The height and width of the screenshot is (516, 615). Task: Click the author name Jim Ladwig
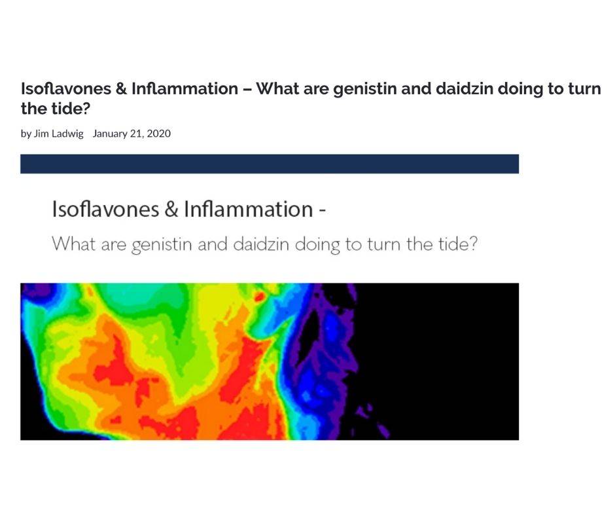click(x=58, y=134)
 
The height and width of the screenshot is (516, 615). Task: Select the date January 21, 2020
click(x=132, y=134)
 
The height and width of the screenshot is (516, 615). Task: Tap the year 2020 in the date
click(x=159, y=134)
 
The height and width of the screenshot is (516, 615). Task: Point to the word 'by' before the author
click(x=26, y=134)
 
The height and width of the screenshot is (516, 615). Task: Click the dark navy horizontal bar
click(x=270, y=164)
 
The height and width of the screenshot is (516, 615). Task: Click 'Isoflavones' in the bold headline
click(x=66, y=88)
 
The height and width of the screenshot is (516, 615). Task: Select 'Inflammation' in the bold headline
click(x=184, y=88)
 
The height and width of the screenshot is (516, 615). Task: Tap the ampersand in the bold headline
click(x=121, y=89)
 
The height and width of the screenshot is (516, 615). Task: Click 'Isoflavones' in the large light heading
click(x=105, y=209)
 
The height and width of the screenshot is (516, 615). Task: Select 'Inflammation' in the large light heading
click(x=248, y=209)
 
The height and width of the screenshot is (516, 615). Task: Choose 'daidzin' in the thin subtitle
click(x=261, y=244)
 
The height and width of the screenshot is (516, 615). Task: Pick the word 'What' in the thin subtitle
click(x=74, y=244)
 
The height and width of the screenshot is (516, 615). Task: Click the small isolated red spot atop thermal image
click(x=259, y=297)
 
